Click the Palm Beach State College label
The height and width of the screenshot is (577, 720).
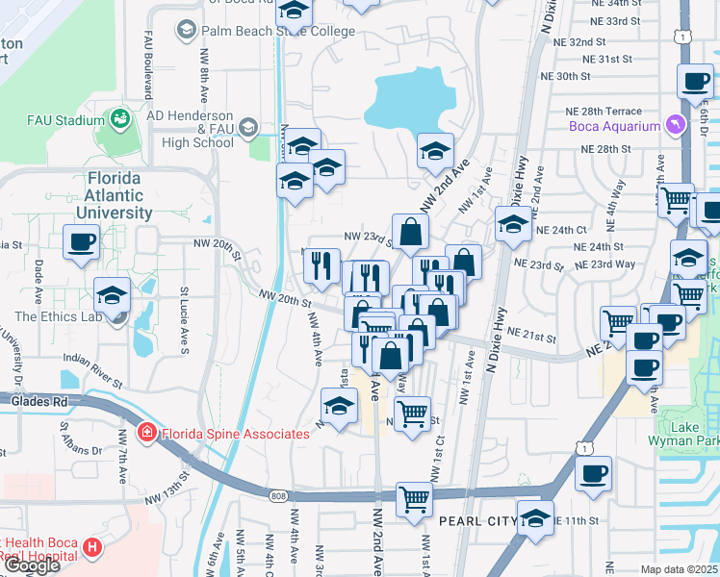pos(265,31)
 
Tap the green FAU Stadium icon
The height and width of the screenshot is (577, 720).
pos(121,120)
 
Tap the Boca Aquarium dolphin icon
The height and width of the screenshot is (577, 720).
pos(680,125)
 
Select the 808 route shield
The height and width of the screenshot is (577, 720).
pos(279,495)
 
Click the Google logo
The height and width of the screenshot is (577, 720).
pos(31,565)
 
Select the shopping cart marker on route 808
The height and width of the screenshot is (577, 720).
pos(414,499)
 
